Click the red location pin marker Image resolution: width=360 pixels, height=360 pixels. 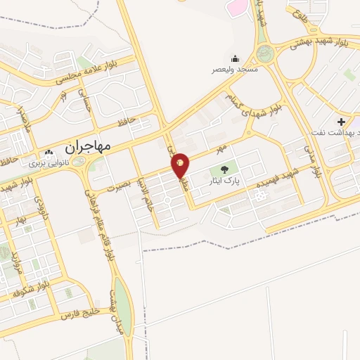click(181, 165)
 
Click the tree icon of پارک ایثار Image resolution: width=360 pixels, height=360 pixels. click(224, 169)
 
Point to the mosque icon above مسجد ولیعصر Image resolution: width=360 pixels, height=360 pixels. click(235, 58)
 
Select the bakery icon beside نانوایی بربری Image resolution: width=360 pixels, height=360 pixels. click(49, 153)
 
